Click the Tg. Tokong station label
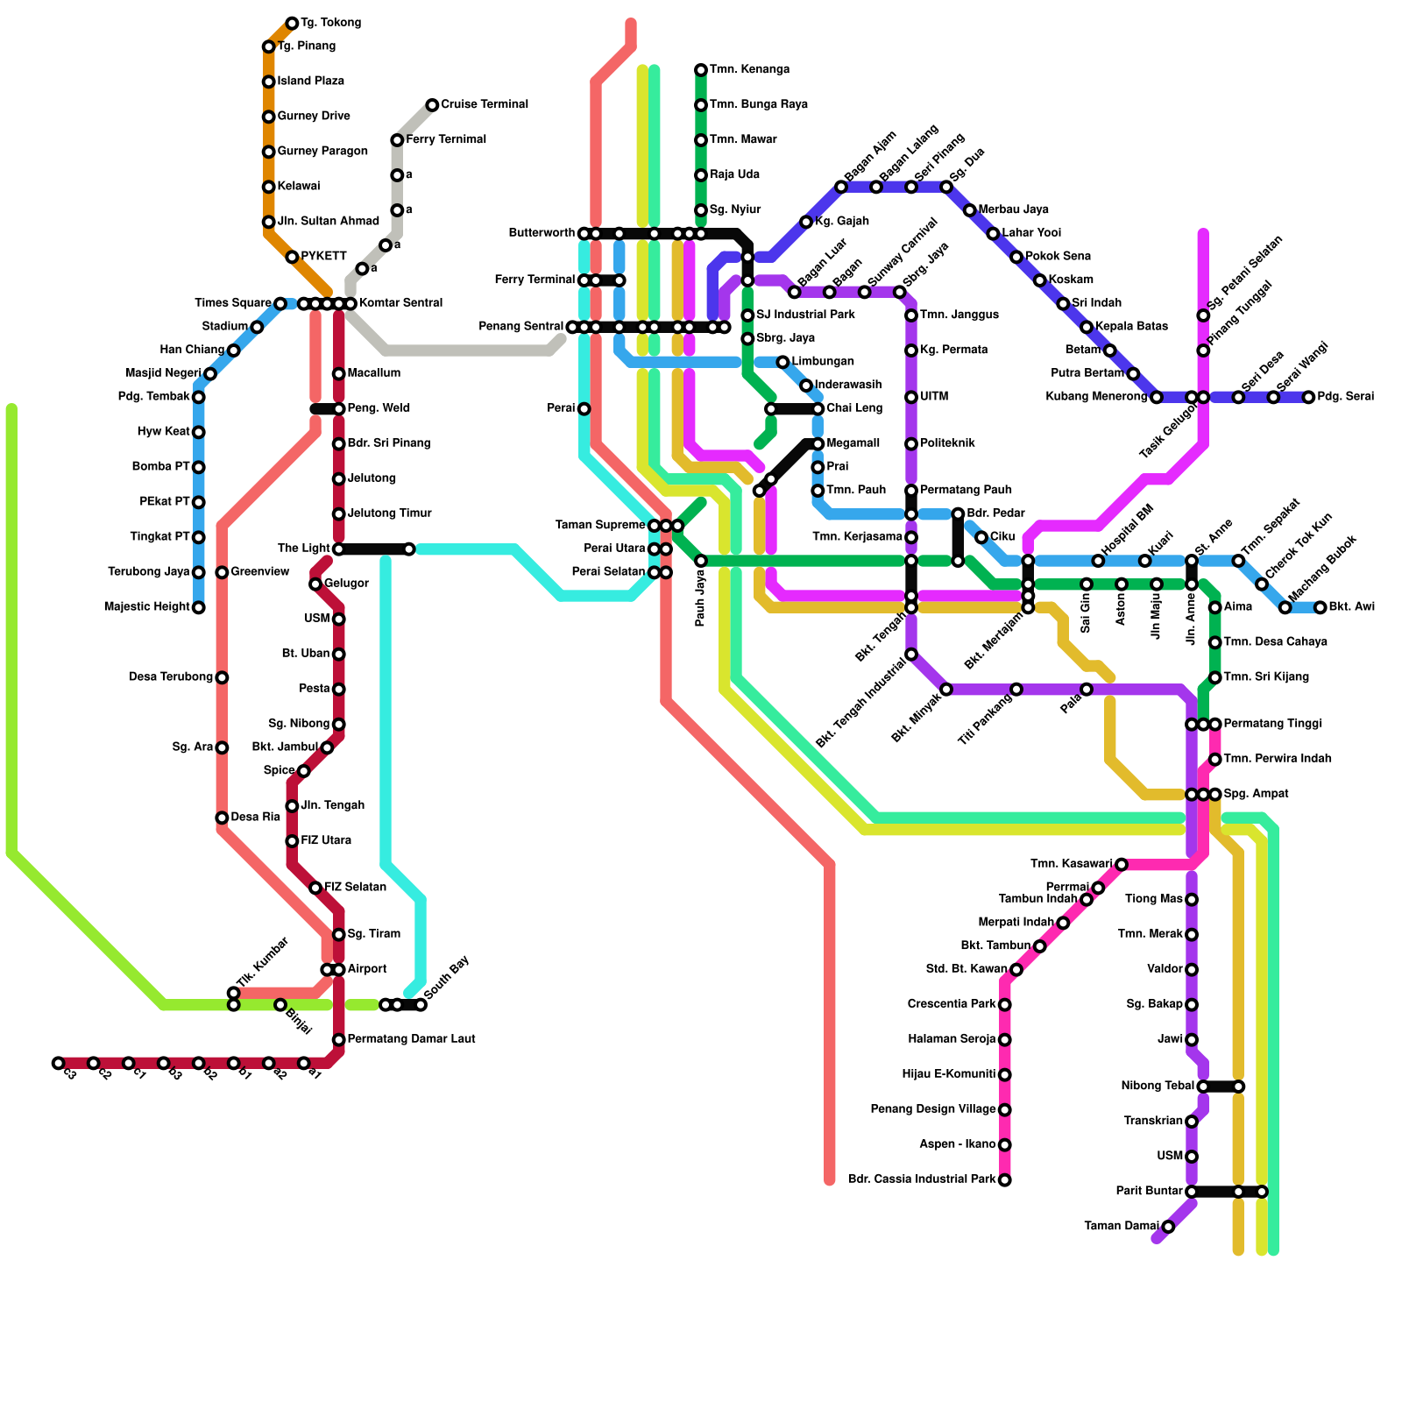[x=330, y=23]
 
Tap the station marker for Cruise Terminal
[x=432, y=105]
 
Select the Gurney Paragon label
[x=322, y=152]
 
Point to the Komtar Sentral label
[x=400, y=303]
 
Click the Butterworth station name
[x=542, y=233]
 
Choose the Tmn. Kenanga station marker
[x=701, y=70]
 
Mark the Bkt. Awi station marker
[x=1321, y=607]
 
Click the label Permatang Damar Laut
[x=411, y=1039]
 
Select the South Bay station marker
[x=421, y=1004]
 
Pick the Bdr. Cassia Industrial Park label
[x=922, y=1179]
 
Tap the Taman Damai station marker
[x=1168, y=1227]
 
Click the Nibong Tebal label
[x=1157, y=1087]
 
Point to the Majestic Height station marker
[x=199, y=607]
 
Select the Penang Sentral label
[x=521, y=327]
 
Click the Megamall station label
[x=853, y=443]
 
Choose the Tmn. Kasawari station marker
[x=1122, y=865]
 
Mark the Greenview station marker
[x=223, y=572]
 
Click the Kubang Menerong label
[x=1096, y=397]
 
